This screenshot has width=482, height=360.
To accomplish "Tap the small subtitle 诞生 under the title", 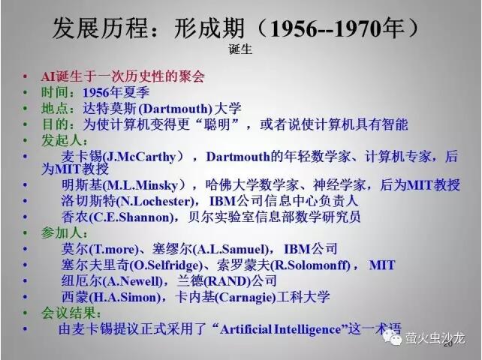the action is point(240,49).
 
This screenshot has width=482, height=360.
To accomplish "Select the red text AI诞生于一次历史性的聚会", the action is point(122,76).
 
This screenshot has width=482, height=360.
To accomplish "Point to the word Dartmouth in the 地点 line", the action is point(176,109).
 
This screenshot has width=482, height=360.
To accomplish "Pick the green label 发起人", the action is point(62,140).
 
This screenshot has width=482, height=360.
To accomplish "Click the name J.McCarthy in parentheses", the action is point(141,157).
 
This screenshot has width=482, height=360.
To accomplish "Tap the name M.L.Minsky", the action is point(143,185).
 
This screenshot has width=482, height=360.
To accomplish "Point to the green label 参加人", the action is point(62,233).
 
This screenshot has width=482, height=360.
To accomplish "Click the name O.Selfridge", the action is point(166,265).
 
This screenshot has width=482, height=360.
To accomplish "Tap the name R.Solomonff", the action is point(312,265).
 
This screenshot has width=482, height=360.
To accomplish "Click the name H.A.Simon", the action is point(125,297).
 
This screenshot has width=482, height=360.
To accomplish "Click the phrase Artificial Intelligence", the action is point(281,329).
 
